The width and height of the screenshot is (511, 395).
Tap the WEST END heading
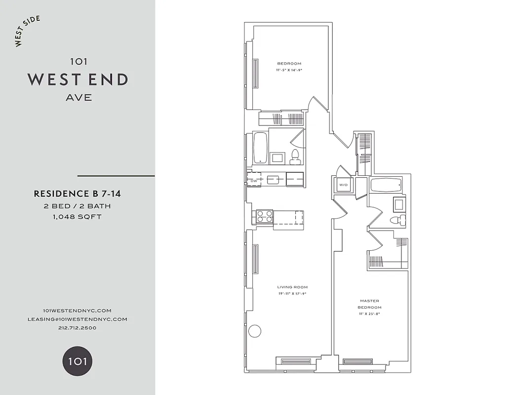(x=78, y=79)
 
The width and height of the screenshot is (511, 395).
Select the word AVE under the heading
(x=79, y=97)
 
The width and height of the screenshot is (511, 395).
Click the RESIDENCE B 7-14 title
(x=77, y=194)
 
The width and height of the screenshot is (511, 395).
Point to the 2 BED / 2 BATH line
(x=77, y=205)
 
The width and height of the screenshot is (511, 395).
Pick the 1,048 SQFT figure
(x=77, y=216)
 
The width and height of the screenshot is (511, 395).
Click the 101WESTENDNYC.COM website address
(x=77, y=310)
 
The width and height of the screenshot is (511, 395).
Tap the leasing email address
(x=77, y=319)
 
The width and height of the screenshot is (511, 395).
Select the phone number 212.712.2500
(x=77, y=328)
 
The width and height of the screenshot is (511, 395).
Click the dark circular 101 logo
(x=77, y=361)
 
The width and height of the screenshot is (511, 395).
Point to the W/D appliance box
(x=343, y=186)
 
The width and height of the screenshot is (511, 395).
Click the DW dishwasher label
(x=254, y=181)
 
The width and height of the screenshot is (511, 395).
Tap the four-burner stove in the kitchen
(x=264, y=216)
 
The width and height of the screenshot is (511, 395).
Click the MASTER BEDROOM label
(x=370, y=304)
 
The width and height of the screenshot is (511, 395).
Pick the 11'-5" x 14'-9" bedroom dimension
(x=289, y=70)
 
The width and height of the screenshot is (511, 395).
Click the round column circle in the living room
(x=254, y=331)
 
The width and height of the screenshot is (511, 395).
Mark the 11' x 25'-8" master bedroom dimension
(x=370, y=314)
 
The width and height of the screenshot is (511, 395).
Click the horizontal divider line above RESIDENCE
(x=116, y=176)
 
